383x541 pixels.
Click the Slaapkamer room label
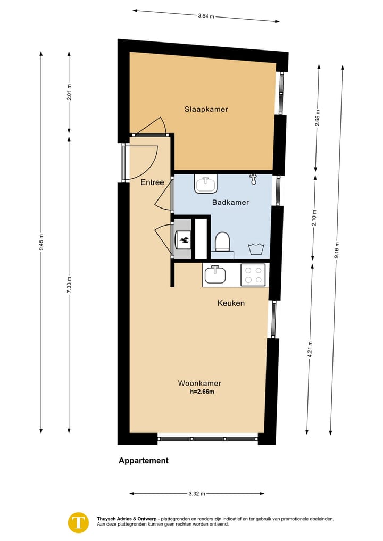click(x=206, y=109)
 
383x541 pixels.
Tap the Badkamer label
click(x=230, y=202)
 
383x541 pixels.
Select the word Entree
click(x=152, y=182)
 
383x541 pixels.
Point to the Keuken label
click(x=231, y=303)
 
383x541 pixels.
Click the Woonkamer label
click(x=199, y=383)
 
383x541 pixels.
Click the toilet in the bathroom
click(x=222, y=243)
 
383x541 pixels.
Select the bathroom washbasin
click(x=206, y=184)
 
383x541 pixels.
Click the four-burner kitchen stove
click(x=253, y=274)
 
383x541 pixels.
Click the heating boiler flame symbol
click(x=184, y=240)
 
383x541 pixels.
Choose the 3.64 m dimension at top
click(x=206, y=16)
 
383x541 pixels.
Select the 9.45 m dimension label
click(x=41, y=242)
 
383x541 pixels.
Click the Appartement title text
click(x=143, y=461)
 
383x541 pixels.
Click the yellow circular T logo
click(x=79, y=522)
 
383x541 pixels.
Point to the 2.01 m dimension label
click(x=69, y=93)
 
